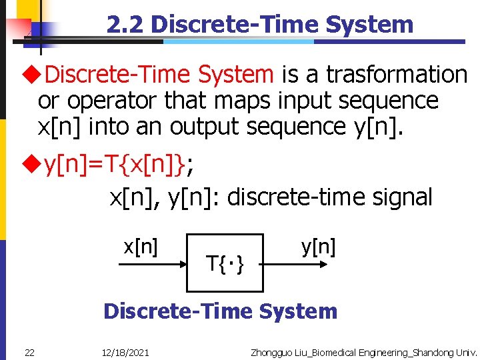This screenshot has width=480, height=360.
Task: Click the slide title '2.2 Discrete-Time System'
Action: [260, 25]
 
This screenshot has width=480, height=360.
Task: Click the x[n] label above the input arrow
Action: [141, 247]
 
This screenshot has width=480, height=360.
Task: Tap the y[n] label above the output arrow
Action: [318, 247]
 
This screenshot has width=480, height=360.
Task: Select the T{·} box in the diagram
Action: [225, 263]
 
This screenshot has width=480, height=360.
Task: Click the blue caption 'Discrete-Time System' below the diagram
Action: [221, 311]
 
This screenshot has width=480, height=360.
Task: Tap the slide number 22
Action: [30, 351]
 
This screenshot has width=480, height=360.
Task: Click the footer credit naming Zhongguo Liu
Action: [363, 351]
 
